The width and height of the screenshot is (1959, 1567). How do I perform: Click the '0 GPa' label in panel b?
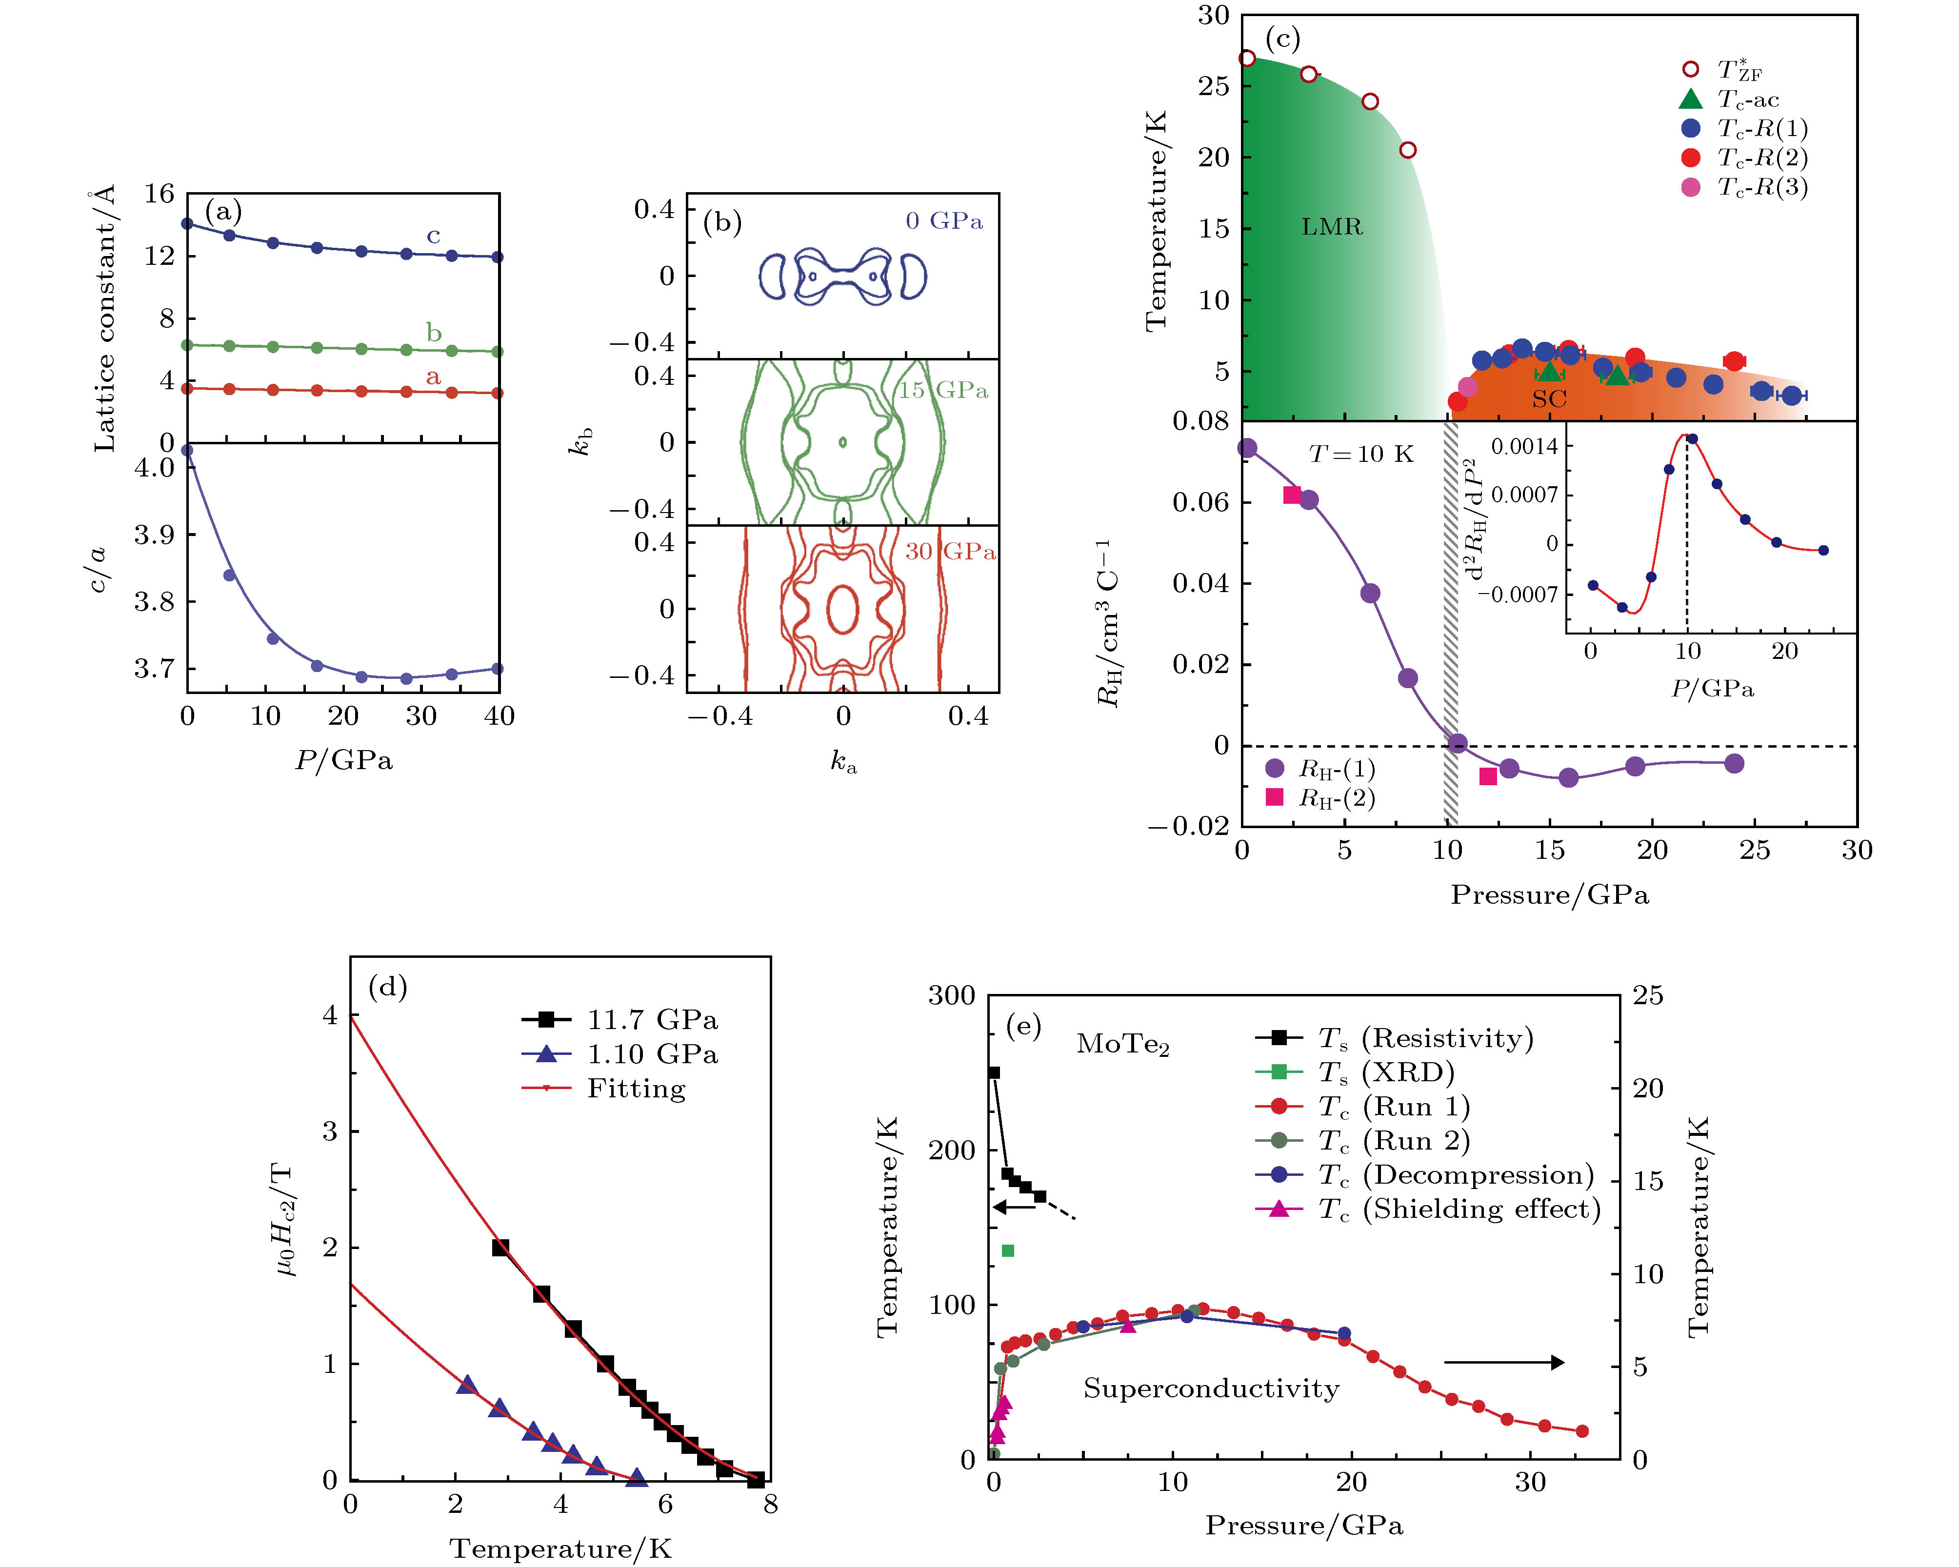[x=944, y=221]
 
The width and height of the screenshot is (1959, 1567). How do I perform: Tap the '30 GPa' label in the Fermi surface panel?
[x=950, y=552]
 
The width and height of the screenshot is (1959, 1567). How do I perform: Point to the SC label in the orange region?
[x=1549, y=399]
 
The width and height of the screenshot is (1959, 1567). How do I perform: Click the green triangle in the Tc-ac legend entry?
[x=1690, y=99]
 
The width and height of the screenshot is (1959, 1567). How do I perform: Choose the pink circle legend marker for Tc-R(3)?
[x=1690, y=187]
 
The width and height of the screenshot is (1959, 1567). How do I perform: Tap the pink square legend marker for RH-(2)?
[x=1275, y=797]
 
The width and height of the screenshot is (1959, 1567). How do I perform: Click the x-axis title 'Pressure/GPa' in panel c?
[x=1549, y=895]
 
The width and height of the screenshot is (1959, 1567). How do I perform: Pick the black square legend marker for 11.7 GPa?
[x=546, y=1019]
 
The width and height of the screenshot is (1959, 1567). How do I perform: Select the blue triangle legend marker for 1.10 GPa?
[x=546, y=1054]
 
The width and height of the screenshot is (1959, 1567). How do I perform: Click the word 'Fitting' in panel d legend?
[x=636, y=1088]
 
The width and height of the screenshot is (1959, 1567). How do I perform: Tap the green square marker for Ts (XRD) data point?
[x=1007, y=1251]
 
